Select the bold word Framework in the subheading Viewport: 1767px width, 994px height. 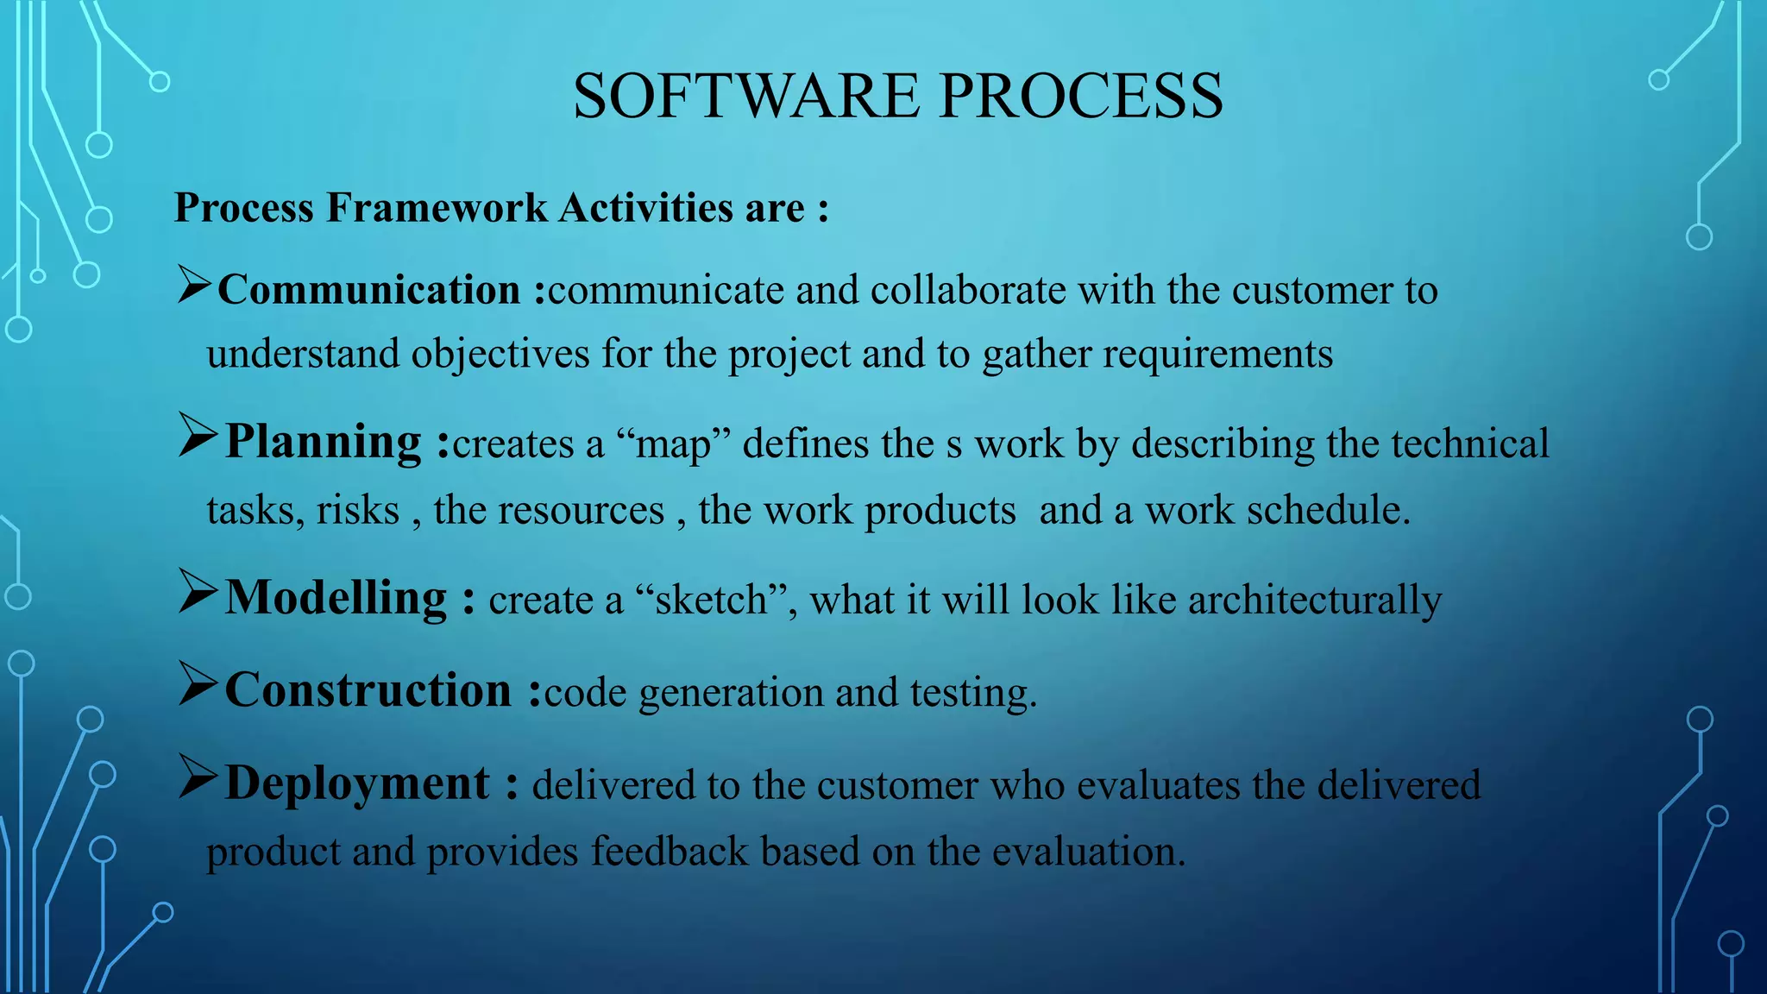point(437,208)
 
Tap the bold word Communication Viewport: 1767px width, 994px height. point(368,290)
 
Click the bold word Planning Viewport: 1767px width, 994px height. point(324,443)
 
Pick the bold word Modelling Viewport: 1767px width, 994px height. point(336,598)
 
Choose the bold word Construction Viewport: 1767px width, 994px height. point(368,690)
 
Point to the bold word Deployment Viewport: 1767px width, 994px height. point(357,783)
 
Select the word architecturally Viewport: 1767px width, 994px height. point(1315,601)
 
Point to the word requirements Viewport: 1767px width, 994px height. point(1217,355)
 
